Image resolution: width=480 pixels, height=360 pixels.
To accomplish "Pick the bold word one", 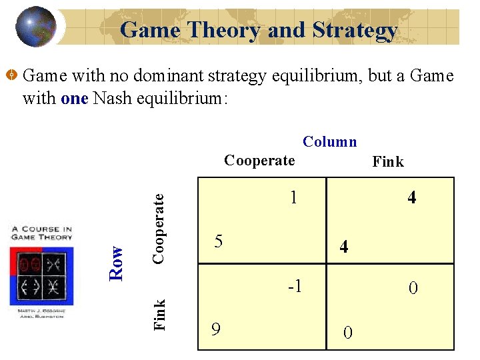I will tap(75, 99).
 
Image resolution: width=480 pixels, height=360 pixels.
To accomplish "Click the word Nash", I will tap(111, 99).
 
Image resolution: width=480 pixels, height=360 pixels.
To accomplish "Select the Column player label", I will tap(329, 141).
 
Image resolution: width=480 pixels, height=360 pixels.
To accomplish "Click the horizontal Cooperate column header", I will tap(259, 160).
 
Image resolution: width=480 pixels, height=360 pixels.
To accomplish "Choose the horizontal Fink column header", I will tap(387, 161).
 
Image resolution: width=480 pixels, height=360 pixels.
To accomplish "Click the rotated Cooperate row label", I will tap(159, 227).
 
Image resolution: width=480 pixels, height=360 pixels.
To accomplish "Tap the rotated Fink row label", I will tap(159, 314).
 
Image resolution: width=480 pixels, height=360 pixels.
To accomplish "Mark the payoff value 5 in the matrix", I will tap(217, 241).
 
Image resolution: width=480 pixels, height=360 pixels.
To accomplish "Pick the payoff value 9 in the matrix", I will tap(215, 329).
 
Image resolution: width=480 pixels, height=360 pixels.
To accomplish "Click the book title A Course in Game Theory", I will tap(41, 233).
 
